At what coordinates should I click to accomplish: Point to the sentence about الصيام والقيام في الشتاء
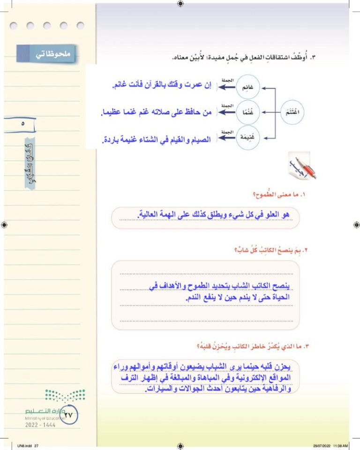pos(157,140)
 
